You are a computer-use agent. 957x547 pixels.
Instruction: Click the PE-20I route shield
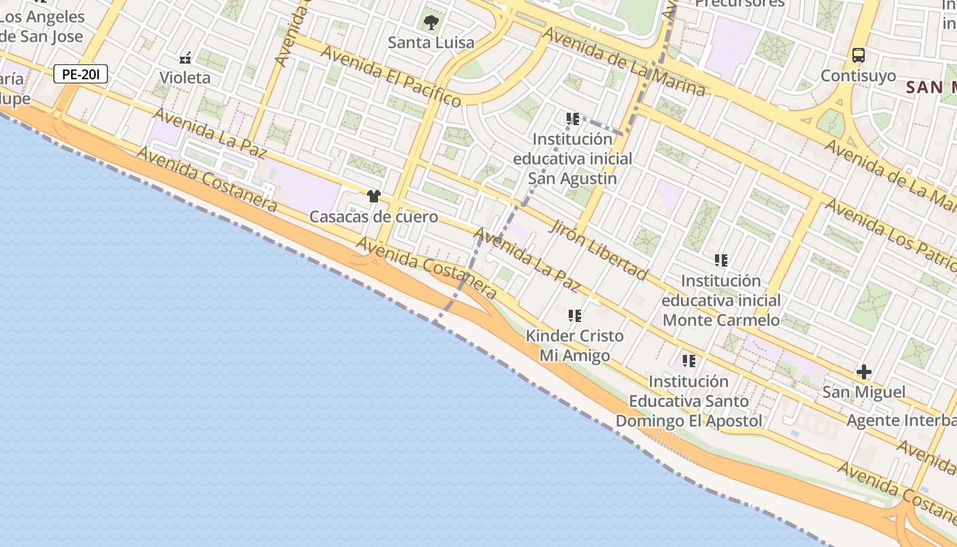click(x=81, y=74)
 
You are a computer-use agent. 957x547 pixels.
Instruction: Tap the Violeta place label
click(x=185, y=77)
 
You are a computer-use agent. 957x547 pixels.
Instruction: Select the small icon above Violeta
click(x=185, y=58)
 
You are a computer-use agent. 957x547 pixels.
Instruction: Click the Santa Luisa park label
click(x=431, y=42)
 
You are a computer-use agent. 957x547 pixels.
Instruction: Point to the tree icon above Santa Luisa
click(x=431, y=23)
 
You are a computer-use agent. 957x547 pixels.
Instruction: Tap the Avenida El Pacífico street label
click(x=390, y=76)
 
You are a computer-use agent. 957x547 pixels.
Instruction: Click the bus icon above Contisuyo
click(x=859, y=55)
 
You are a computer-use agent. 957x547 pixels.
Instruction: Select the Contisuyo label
click(x=858, y=75)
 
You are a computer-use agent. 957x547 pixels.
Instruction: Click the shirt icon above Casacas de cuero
click(x=373, y=197)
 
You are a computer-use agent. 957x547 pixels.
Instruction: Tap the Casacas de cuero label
click(x=373, y=217)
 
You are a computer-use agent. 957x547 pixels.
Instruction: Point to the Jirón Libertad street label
click(x=597, y=250)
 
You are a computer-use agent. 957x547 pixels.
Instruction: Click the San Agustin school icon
click(x=573, y=119)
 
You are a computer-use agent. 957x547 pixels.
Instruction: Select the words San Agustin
click(x=573, y=178)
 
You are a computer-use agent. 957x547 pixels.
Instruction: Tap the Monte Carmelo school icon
click(x=721, y=261)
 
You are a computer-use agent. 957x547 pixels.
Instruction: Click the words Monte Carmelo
click(x=721, y=320)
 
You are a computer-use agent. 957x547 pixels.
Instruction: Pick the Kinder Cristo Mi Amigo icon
click(x=575, y=316)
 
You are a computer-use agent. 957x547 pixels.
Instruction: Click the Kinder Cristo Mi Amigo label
click(x=575, y=346)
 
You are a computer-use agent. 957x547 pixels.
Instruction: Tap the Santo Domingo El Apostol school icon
click(x=689, y=360)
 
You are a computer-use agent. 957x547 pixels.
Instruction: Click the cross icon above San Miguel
click(x=864, y=372)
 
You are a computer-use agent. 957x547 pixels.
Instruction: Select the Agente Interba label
click(x=901, y=420)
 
